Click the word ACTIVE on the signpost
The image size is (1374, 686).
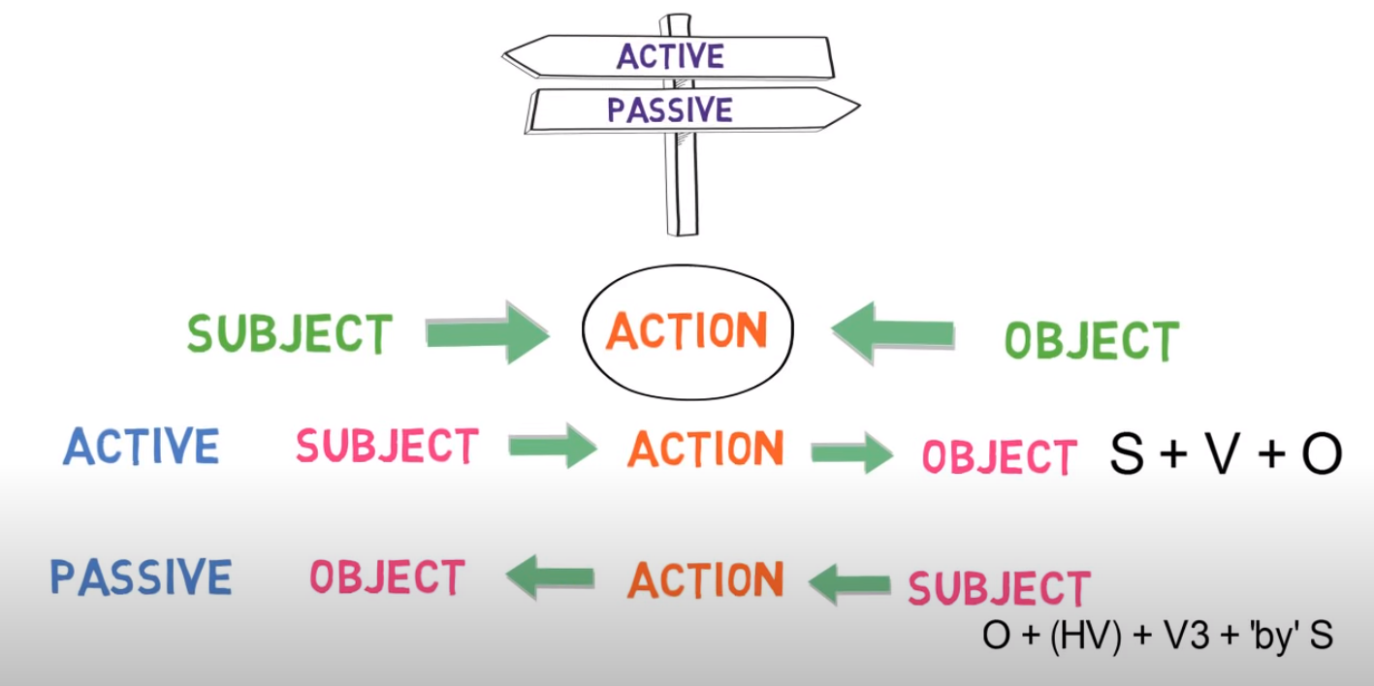tap(670, 55)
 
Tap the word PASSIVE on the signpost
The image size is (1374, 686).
tap(670, 109)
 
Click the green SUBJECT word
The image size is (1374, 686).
tap(290, 334)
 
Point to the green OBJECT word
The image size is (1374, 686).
tap(1091, 341)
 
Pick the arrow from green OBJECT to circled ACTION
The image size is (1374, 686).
tap(893, 331)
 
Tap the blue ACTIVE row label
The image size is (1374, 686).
tap(142, 448)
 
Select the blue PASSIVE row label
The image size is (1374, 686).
tap(142, 577)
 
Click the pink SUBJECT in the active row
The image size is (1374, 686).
tap(387, 447)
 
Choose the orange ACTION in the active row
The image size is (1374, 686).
tap(705, 450)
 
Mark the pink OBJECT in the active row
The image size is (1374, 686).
tap(1000, 456)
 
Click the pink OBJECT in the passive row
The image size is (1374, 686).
tap(387, 577)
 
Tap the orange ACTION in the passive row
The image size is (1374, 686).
tap(705, 580)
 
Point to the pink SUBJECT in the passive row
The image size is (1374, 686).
tap(999, 588)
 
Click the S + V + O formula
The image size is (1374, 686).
tap(1226, 453)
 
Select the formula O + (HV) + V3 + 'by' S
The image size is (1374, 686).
tap(1158, 636)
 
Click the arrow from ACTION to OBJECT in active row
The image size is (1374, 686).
tap(851, 452)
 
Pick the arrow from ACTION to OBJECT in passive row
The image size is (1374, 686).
tap(550, 578)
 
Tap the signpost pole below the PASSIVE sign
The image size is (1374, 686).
tap(682, 184)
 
